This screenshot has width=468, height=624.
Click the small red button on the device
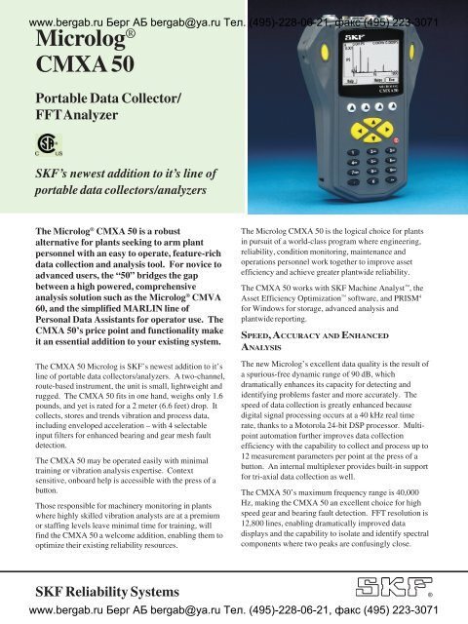click(x=395, y=139)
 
